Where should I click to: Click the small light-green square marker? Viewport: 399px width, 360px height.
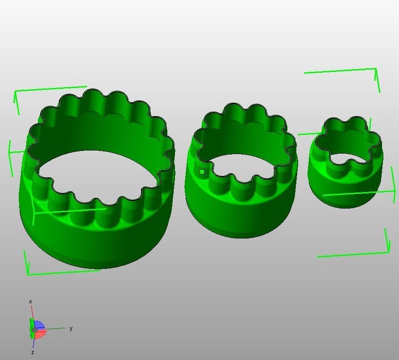[202, 172]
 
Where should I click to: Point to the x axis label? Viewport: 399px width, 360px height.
[30, 301]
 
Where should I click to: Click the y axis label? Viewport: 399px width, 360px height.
[71, 328]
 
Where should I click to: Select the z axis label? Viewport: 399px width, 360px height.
[33, 352]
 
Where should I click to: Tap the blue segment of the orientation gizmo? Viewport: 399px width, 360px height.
[39, 326]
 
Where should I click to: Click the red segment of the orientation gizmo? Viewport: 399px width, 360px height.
[40, 333]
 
